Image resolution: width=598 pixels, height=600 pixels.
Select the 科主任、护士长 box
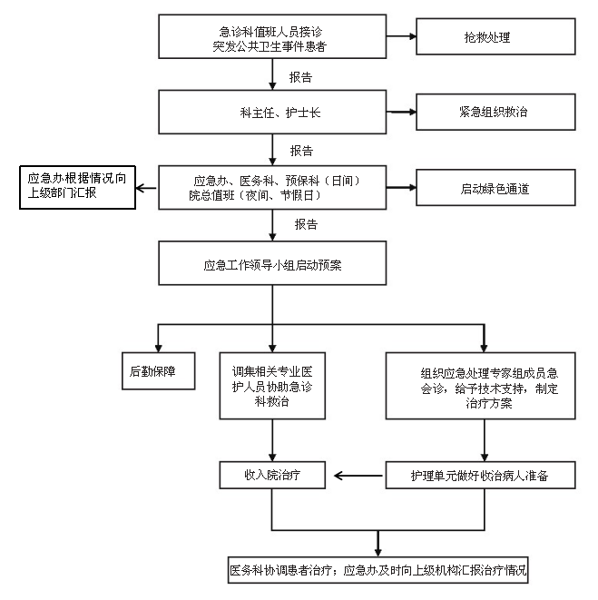tap(272, 113)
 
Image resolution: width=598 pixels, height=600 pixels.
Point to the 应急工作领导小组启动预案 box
tap(272, 266)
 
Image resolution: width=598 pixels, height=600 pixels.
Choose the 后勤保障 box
tap(158, 370)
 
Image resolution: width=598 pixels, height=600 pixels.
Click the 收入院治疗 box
tap(273, 474)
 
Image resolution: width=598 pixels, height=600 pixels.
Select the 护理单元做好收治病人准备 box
tap(481, 474)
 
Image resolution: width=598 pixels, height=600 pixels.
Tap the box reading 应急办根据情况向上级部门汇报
tap(76, 188)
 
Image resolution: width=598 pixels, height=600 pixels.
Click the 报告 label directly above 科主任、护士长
tap(301, 76)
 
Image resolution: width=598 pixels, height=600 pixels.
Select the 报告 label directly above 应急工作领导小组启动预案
tap(306, 223)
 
